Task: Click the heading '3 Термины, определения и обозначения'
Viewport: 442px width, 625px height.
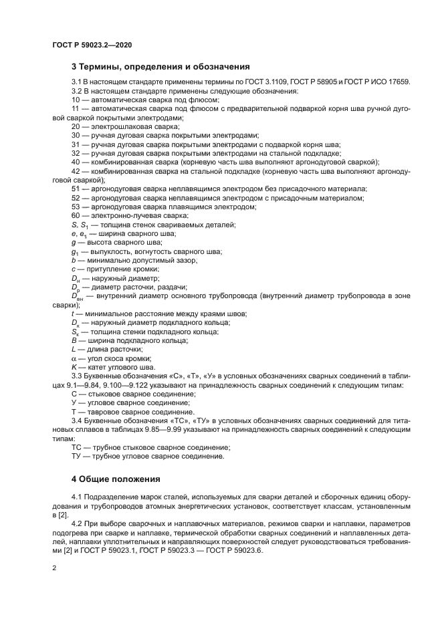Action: pos(160,67)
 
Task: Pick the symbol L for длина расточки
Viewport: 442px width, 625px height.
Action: pos(74,350)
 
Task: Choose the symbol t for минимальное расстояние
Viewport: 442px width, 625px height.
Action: pos(73,314)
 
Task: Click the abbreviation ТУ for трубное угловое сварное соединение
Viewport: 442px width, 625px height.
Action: pos(76,457)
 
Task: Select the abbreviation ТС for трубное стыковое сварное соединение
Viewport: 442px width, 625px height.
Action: pos(76,447)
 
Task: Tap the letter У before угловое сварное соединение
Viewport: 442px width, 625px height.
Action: pos(74,404)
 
